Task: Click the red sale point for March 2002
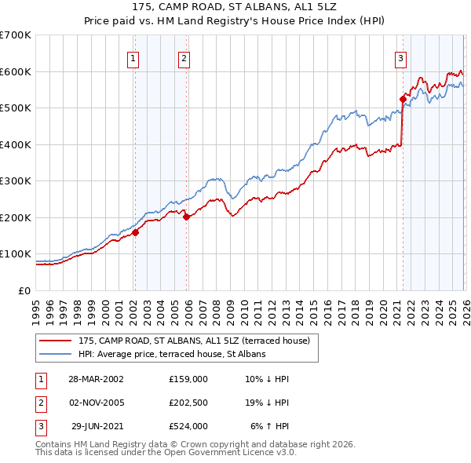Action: (x=135, y=232)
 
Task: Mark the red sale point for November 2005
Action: (x=186, y=217)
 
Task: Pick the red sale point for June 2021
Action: (x=403, y=99)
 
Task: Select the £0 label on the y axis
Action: (x=25, y=291)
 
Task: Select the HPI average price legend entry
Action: (x=172, y=355)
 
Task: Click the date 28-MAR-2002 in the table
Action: (x=97, y=379)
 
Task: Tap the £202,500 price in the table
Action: (x=188, y=403)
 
